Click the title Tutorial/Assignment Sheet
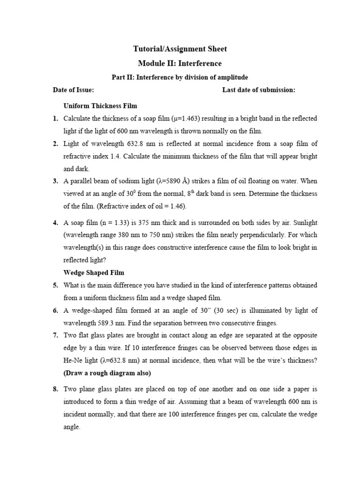pyautogui.click(x=180, y=49)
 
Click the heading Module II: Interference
pyautogui.click(x=180, y=63)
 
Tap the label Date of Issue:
pyautogui.click(x=73, y=90)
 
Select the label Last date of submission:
pyautogui.click(x=259, y=90)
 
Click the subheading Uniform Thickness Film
pyautogui.click(x=100, y=105)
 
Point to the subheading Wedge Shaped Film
pyautogui.click(x=94, y=272)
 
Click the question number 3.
pyautogui.click(x=55, y=181)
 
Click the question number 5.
pyautogui.click(x=55, y=285)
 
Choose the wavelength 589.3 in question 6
pyautogui.click(x=107, y=323)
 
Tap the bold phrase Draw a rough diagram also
pyautogui.click(x=107, y=374)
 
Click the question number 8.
pyautogui.click(x=55, y=389)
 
